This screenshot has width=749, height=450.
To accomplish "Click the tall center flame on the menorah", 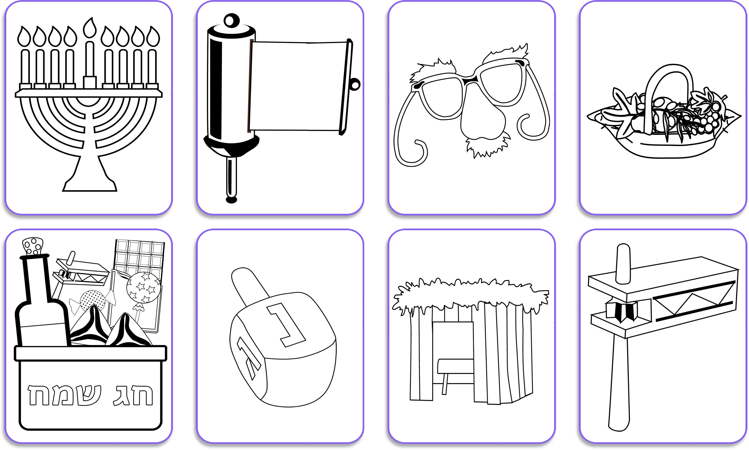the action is coord(90,28).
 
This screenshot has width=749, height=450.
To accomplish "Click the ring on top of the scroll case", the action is coord(231,20).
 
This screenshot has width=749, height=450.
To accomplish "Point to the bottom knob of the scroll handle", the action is coord(231,200).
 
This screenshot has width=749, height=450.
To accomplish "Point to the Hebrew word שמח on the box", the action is coord(64,395).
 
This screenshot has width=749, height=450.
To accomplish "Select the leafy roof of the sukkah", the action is coord(470,296).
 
